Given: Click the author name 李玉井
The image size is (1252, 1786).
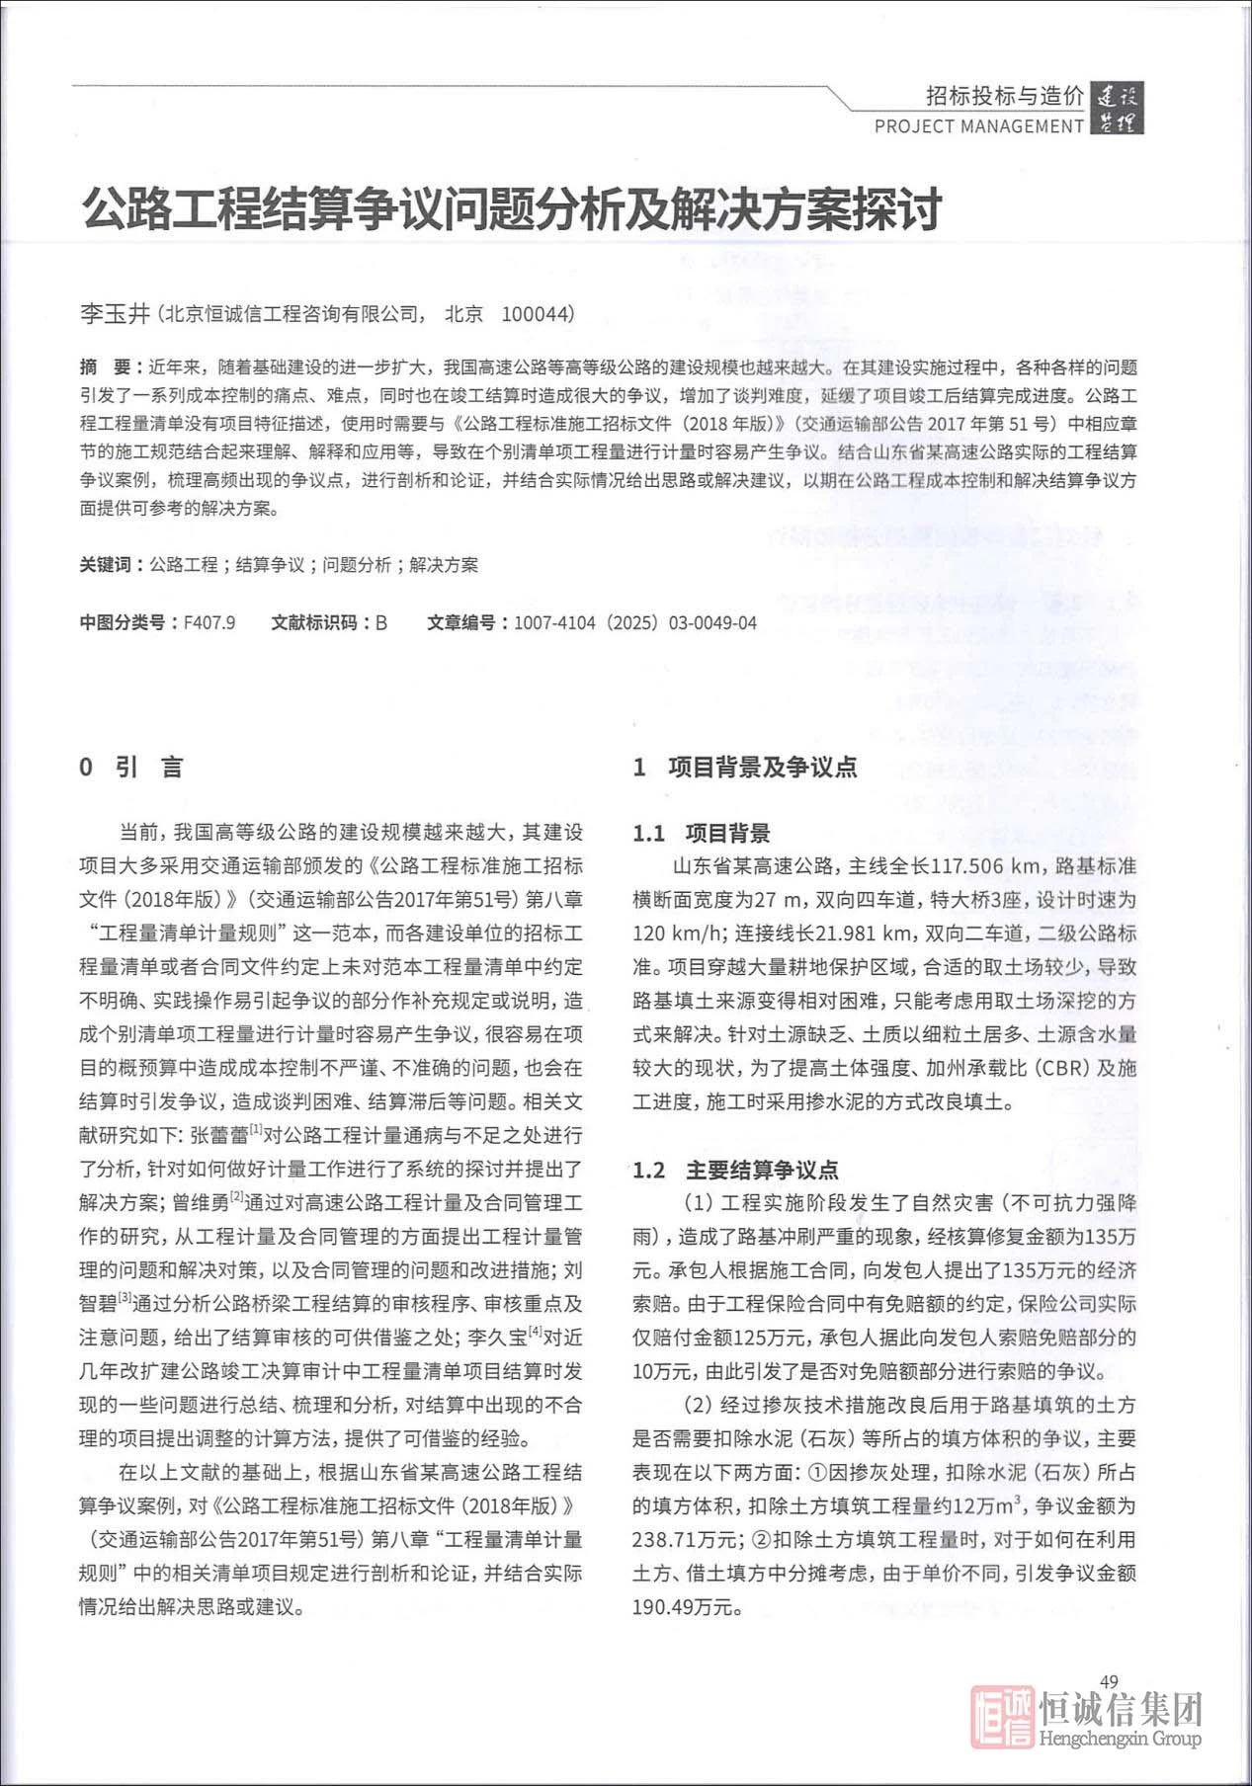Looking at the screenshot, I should coord(115,314).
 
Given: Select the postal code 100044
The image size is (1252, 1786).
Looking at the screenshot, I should coord(537,314).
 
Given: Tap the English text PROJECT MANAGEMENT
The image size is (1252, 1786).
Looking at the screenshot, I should coord(978,126).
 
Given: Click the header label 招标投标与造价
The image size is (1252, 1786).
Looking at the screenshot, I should coord(1004,97).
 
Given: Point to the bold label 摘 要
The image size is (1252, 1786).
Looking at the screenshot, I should coord(106,367).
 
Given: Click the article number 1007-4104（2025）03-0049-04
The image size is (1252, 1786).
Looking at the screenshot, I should coord(634,623).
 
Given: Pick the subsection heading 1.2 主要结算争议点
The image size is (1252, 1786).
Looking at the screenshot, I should coord(735,1171).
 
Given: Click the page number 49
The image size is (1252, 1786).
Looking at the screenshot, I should coord(1108,1681).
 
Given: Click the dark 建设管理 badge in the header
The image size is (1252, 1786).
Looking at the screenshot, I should coord(1117,110).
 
